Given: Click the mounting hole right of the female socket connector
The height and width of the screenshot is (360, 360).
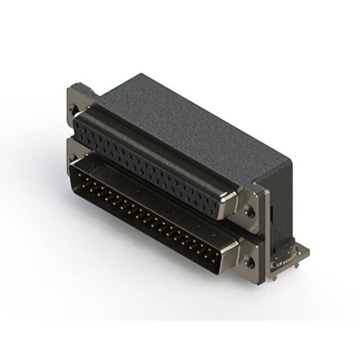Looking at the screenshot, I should pos(250,212).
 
